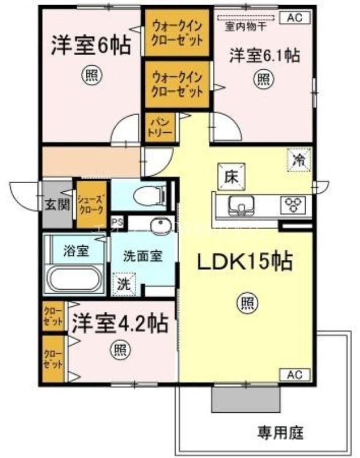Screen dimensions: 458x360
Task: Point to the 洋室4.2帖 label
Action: click(120, 325)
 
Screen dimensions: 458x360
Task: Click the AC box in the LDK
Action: click(294, 375)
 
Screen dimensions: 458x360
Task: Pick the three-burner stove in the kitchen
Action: click(295, 204)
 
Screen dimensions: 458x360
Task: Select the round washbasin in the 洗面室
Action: click(160, 227)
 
